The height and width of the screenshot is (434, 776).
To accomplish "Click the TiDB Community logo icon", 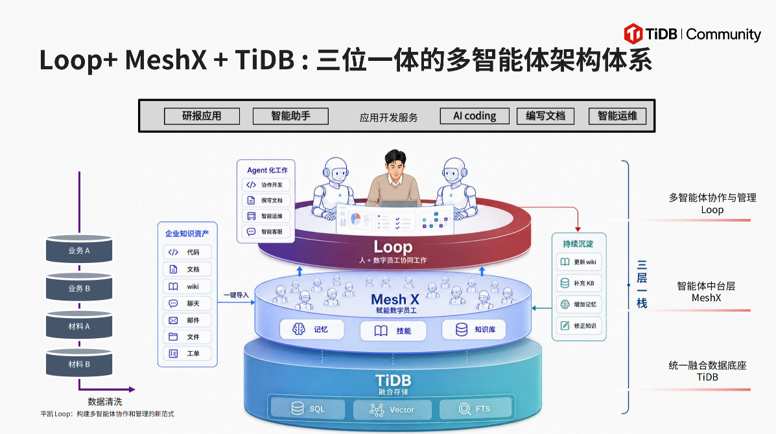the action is click(x=633, y=34).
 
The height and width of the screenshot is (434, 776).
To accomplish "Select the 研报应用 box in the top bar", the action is click(x=202, y=116).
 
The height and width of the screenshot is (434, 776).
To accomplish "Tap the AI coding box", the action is click(x=475, y=116).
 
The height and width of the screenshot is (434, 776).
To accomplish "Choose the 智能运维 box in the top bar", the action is click(x=617, y=116).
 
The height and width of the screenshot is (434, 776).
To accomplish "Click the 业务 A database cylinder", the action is click(x=79, y=249).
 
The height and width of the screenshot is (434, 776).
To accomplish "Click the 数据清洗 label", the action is click(x=105, y=402).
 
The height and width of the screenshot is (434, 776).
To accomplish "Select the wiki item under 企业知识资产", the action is click(x=187, y=286).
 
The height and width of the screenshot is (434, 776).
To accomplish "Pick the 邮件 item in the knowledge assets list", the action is click(x=187, y=320).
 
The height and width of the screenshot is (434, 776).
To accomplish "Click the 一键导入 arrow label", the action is click(x=236, y=295).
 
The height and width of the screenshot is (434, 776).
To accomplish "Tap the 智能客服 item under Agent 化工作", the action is click(x=266, y=231).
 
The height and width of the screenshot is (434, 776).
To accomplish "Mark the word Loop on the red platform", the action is click(x=393, y=247).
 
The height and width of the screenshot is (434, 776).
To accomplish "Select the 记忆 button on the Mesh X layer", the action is click(x=312, y=329).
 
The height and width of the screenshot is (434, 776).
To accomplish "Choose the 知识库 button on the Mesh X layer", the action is click(x=474, y=329).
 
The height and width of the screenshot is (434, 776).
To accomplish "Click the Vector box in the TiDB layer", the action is click(x=392, y=409).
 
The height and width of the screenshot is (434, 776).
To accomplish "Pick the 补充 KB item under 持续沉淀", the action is click(x=579, y=283).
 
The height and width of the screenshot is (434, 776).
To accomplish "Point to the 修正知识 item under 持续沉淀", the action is click(x=579, y=326).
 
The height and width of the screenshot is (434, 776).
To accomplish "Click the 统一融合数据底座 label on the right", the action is click(x=707, y=365).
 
